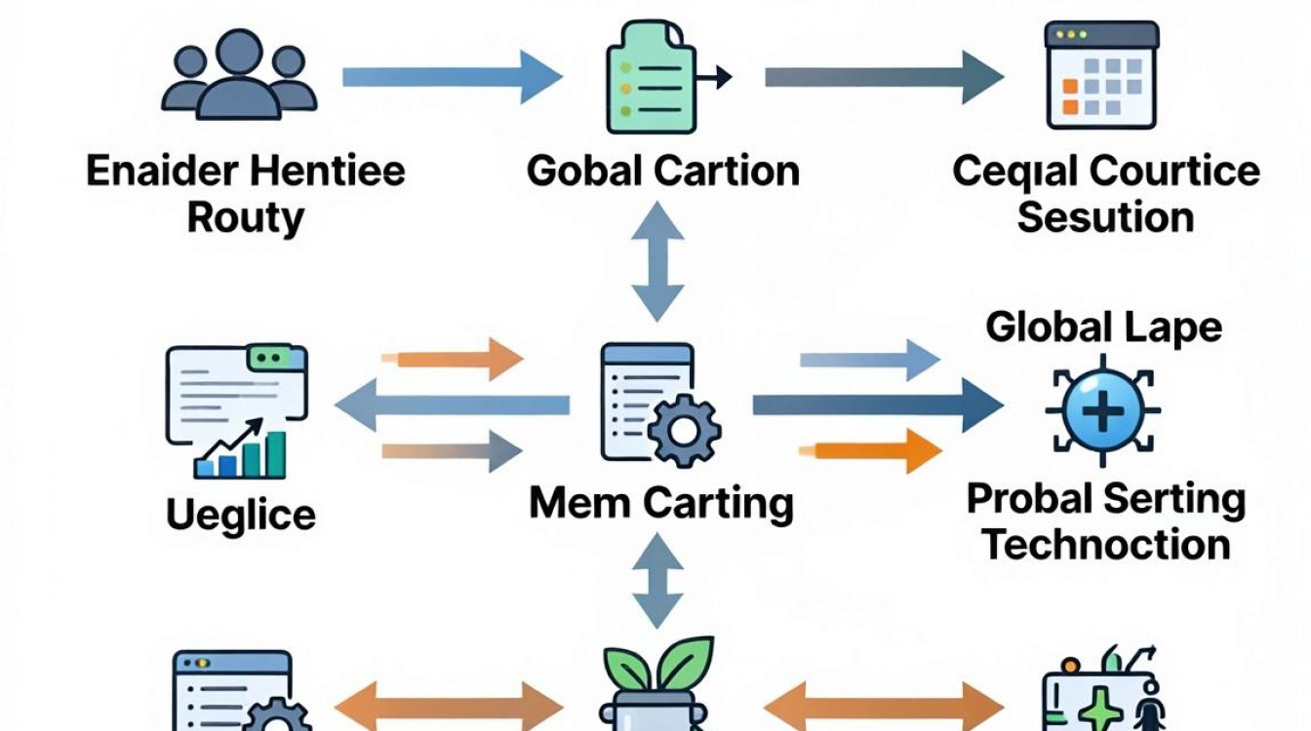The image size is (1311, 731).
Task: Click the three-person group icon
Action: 239,75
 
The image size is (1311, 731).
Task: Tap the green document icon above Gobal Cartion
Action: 652,77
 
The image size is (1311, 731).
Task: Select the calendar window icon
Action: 1101,75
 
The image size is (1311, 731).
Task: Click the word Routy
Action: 246,217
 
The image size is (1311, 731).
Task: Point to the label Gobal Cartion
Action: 663,171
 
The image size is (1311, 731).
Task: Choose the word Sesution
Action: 1105,217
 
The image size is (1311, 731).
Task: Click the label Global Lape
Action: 1104,327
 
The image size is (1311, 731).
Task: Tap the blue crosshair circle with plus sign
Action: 1103,410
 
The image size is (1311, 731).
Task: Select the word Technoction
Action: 1105,545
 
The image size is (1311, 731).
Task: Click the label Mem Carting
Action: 661,504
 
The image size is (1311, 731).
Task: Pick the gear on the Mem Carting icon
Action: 684,431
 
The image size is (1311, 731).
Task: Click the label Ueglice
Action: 241,516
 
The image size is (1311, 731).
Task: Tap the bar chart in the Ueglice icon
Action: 241,451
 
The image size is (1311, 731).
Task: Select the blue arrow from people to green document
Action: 453,77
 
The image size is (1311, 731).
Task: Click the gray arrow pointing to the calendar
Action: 885,77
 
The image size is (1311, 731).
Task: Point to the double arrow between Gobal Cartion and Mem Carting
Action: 657,261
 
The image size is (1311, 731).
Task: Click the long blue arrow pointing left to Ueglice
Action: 453,404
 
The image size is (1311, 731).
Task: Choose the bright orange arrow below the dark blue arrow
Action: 870,451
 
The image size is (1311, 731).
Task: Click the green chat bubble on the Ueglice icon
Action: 270,358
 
